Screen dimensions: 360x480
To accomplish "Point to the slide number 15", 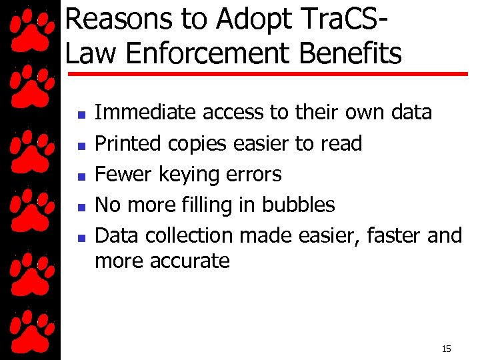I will click(446, 349).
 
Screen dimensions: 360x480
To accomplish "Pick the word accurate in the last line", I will click(193, 261).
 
